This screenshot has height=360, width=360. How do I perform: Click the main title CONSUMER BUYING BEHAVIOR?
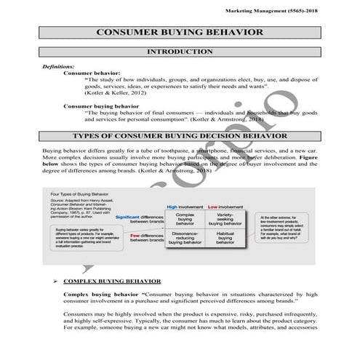point(180,33)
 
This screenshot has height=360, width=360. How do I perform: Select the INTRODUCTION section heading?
point(180,53)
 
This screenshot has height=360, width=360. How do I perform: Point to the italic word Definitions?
point(58,66)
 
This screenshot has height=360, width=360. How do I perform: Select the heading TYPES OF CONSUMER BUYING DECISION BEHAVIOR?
point(180,136)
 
